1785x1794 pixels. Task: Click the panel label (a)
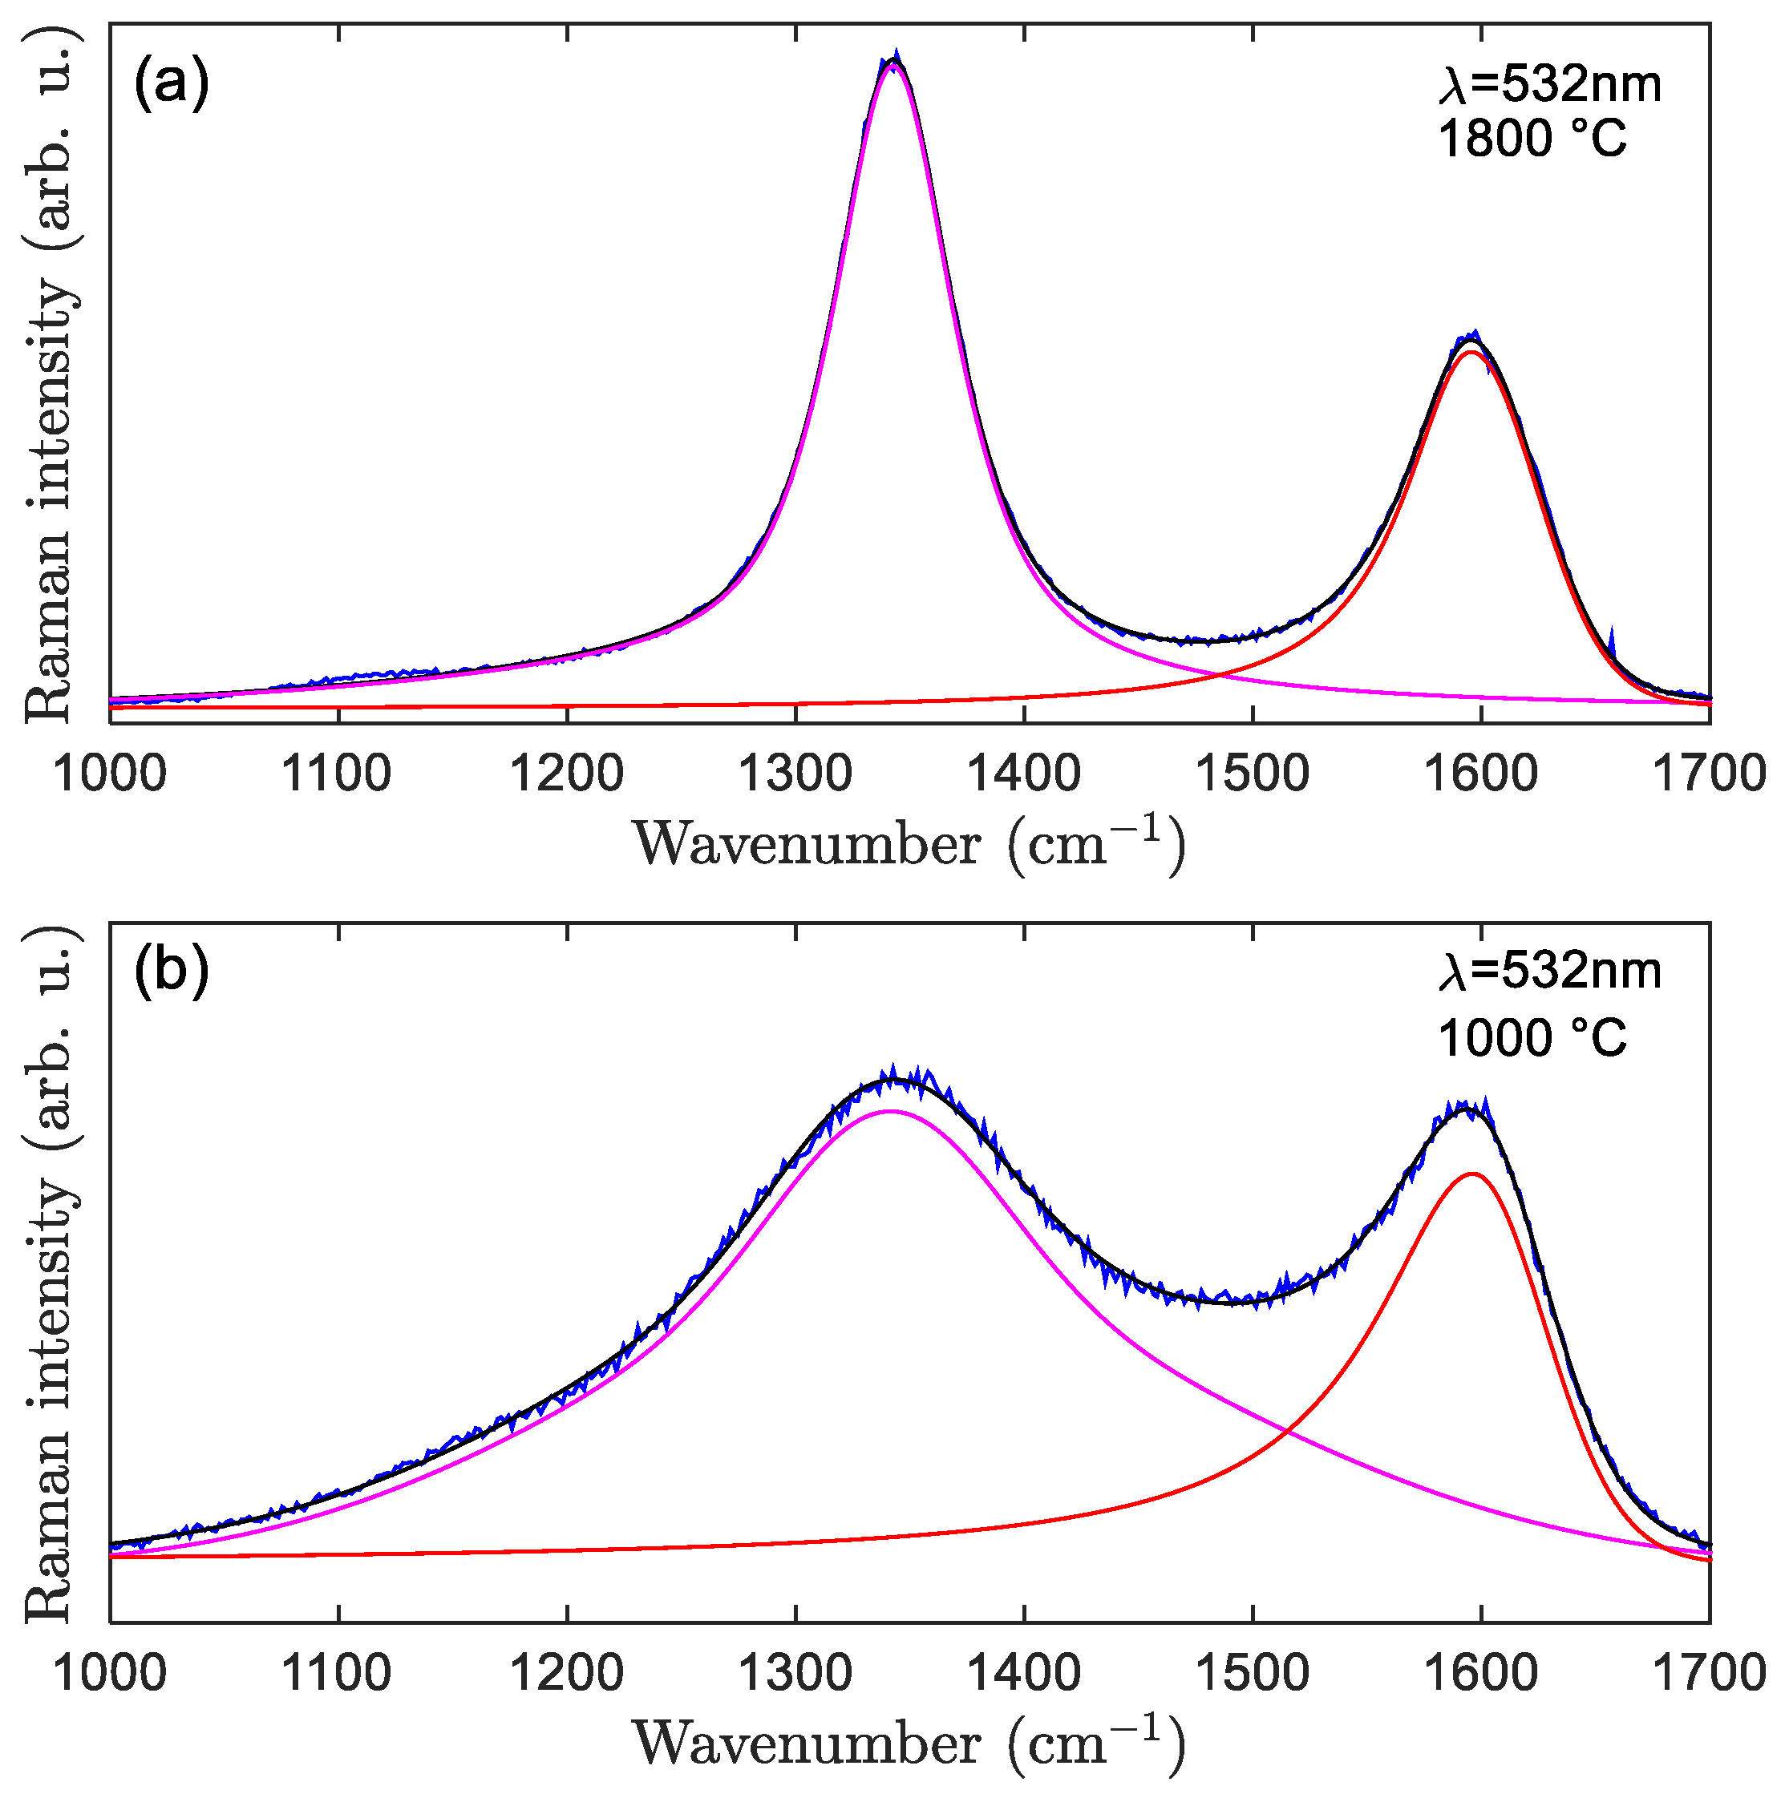tap(172, 84)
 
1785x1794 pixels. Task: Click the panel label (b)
tap(172, 972)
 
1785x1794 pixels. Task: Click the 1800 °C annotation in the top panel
tap(1532, 139)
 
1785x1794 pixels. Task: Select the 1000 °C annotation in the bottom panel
tap(1532, 1038)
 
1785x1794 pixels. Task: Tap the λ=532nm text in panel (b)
tap(1549, 972)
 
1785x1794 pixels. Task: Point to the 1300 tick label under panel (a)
tap(795, 773)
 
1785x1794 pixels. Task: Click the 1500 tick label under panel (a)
tap(1252, 773)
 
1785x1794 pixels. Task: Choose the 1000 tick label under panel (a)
tap(110, 773)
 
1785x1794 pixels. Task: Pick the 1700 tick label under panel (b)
tap(1709, 1672)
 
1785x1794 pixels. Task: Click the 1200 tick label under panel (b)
tap(566, 1672)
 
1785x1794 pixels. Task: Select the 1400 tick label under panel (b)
tap(1023, 1672)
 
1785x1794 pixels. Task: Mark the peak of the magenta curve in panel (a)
tap(893, 66)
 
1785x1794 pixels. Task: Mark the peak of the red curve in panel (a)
tap(1471, 351)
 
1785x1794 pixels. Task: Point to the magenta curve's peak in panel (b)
tap(891, 1110)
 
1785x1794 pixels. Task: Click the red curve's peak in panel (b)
tap(1472, 1174)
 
